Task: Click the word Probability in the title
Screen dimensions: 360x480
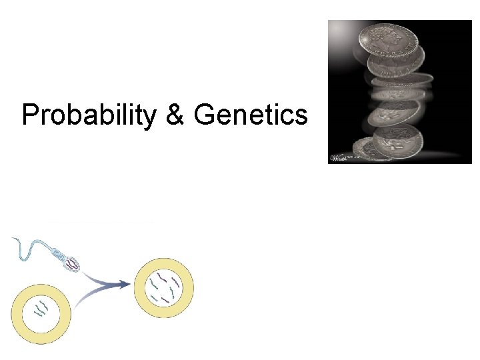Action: point(87,115)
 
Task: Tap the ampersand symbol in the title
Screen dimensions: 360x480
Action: point(174,115)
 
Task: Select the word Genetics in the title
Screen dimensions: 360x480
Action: point(251,115)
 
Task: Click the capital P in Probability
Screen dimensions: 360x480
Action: point(30,115)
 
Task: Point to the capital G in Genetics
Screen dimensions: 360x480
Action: point(204,115)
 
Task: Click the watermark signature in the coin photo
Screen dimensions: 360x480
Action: point(341,157)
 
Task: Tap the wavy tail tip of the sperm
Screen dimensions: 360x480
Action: point(13,240)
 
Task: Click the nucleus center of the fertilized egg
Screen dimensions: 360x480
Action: point(164,287)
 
